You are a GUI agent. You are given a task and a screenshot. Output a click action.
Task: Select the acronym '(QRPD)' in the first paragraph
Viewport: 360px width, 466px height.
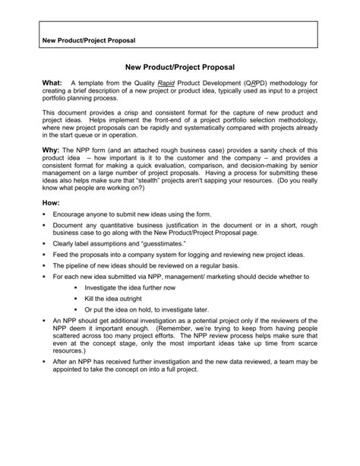[x=256, y=82]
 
